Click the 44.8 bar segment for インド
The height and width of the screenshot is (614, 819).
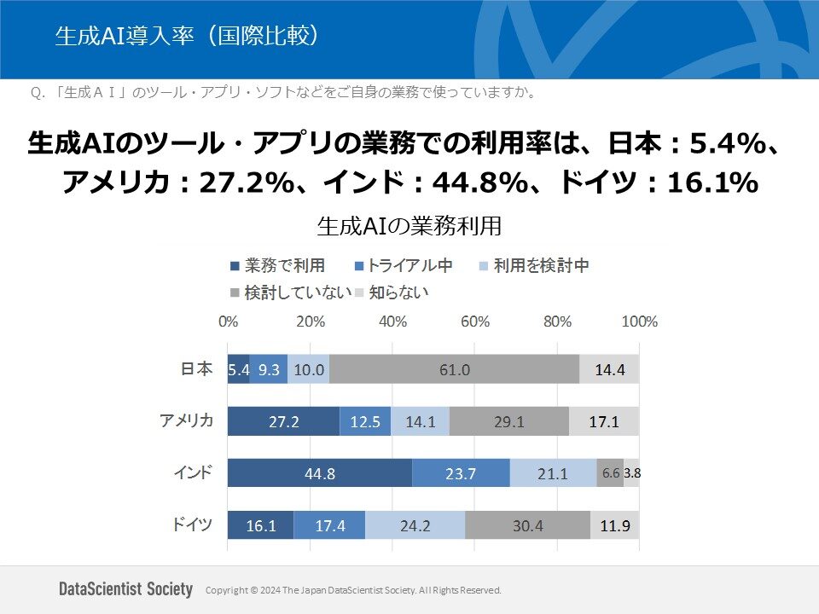tap(319, 473)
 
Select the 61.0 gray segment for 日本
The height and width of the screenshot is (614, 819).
tap(454, 369)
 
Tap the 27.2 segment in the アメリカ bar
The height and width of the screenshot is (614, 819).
tap(283, 421)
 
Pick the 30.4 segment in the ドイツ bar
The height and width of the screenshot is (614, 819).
tap(527, 525)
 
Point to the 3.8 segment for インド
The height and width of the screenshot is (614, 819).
tap(631, 473)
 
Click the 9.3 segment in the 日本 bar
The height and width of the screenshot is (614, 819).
tap(269, 369)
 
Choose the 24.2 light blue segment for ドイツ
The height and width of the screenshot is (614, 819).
tap(415, 525)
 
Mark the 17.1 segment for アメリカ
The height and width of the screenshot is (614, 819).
tap(603, 421)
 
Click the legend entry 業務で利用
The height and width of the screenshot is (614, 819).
tap(277, 266)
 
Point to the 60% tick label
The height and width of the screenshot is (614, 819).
tap(474, 322)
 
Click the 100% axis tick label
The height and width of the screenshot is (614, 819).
tap(639, 322)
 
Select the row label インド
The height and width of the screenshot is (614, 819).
tap(193, 472)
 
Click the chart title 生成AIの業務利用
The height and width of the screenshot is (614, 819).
tap(409, 226)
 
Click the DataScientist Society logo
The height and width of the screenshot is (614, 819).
tap(126, 589)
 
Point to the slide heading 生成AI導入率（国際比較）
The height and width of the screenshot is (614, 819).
tap(188, 36)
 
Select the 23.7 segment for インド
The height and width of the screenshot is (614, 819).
tap(461, 473)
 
